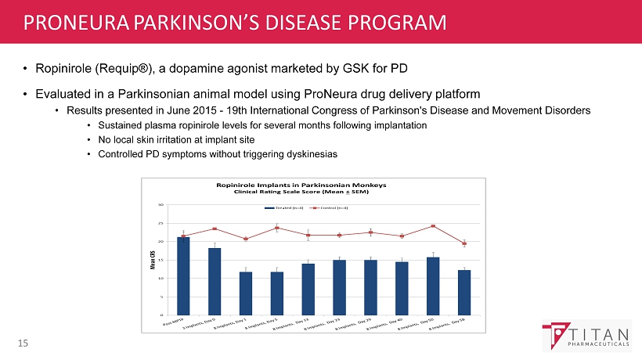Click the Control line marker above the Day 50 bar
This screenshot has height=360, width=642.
click(433, 226)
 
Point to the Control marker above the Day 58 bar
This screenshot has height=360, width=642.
click(464, 243)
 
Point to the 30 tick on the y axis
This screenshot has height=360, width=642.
click(160, 204)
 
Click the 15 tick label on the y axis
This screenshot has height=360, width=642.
click(160, 260)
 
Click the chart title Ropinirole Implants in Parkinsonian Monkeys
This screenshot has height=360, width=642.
click(301, 184)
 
